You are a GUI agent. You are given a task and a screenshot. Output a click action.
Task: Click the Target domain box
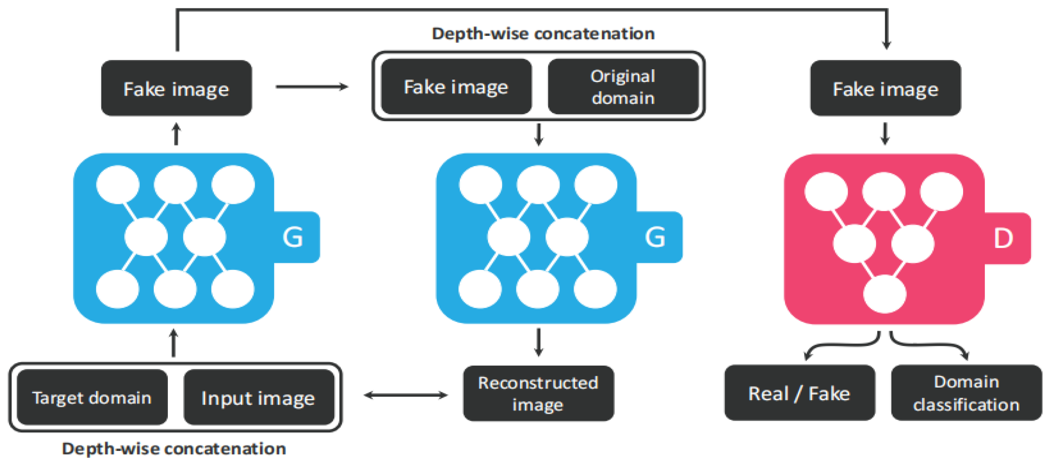click(x=92, y=397)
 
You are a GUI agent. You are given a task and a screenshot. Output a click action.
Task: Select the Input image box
click(x=259, y=397)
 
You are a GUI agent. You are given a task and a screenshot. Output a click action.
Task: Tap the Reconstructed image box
click(x=538, y=393)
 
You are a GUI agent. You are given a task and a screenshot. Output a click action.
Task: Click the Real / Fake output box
click(x=799, y=393)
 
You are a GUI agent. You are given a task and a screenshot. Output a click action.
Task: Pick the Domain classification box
click(x=966, y=393)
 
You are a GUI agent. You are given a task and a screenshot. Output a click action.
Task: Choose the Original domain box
click(x=623, y=87)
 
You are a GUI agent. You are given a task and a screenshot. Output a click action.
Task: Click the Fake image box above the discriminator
click(x=885, y=88)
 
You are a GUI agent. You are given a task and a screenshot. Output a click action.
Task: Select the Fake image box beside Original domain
click(x=456, y=87)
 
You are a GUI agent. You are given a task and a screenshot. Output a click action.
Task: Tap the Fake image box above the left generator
click(x=176, y=88)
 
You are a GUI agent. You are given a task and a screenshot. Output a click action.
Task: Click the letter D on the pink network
click(x=1003, y=239)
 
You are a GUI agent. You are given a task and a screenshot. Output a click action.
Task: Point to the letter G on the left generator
click(x=293, y=237)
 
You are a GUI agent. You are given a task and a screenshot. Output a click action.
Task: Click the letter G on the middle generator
click(x=655, y=237)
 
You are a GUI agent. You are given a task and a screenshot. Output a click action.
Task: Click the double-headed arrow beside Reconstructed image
click(x=406, y=395)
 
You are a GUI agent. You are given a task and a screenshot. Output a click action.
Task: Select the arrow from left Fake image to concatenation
click(x=312, y=87)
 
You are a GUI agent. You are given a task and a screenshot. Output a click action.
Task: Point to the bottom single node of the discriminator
click(x=884, y=294)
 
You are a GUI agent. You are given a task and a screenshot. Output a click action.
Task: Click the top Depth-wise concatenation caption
click(x=543, y=33)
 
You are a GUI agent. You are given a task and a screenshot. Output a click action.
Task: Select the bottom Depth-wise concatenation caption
click(x=174, y=449)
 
